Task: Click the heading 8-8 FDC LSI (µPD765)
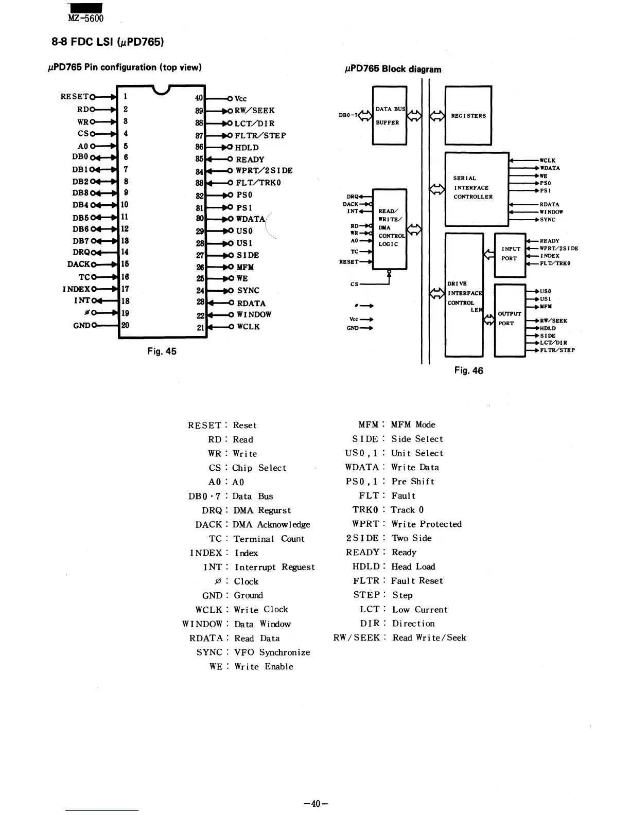[x=108, y=42]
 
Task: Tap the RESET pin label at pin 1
[x=74, y=96]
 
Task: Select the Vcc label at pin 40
[x=240, y=98]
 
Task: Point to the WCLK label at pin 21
[x=248, y=327]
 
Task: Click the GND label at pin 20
[x=82, y=325]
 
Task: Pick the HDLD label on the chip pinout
[x=247, y=147]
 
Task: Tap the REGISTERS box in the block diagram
[x=468, y=116]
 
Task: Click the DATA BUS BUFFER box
[x=389, y=116]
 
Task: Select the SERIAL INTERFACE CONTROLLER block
[x=476, y=188]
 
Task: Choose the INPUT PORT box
[x=510, y=254]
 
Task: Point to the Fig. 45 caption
[x=162, y=351]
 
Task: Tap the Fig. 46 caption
[x=468, y=370]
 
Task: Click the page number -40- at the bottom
[x=316, y=804]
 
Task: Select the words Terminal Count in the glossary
[x=269, y=539]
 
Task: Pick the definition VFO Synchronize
[x=272, y=652]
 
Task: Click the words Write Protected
[x=426, y=524]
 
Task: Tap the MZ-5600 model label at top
[x=85, y=19]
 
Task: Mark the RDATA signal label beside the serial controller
[x=549, y=204]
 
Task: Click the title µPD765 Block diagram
[x=393, y=69]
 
